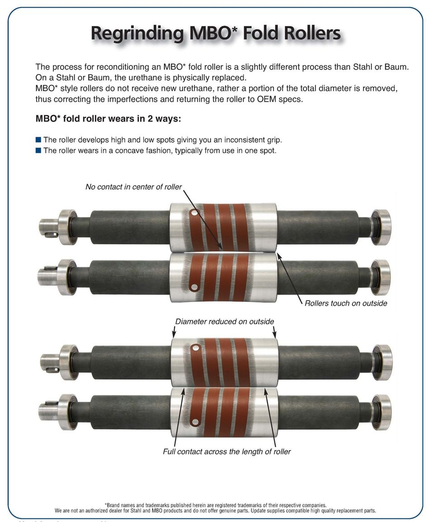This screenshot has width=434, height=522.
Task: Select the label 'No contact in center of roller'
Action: pos(133,186)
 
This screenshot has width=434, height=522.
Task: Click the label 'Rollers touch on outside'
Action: pos(346,303)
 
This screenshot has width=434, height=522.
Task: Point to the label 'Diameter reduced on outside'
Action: pos(225,322)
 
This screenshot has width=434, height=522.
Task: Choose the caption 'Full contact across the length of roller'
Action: pos(226,451)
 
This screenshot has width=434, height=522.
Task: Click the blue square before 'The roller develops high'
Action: pos(38,140)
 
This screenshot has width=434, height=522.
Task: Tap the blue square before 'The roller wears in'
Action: pos(38,150)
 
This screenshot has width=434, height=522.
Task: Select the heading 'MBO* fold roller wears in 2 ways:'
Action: pos(108,119)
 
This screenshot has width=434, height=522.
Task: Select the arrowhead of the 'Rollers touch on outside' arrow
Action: pos(278,256)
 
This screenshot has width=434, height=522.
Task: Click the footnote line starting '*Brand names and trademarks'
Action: pos(215,505)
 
